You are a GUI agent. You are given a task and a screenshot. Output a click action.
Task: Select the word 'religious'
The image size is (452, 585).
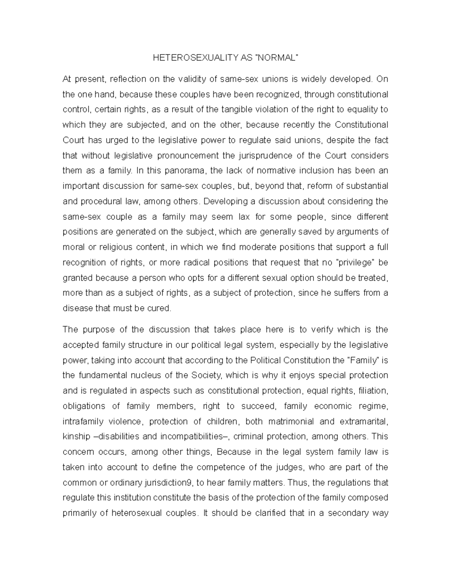pos(117,247)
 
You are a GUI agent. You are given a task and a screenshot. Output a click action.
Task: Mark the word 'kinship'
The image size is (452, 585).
pos(76,437)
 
